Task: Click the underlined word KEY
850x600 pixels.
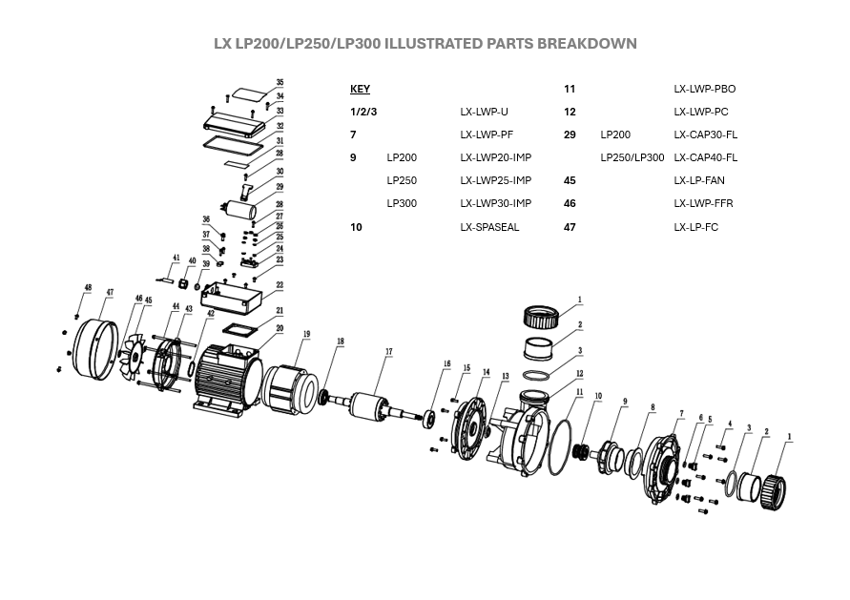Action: point(360,89)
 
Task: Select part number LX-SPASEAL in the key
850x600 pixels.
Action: point(489,227)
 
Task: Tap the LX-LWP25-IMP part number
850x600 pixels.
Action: point(495,180)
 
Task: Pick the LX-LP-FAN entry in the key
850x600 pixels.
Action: point(700,180)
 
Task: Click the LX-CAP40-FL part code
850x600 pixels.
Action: point(705,157)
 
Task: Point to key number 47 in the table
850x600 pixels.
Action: point(570,227)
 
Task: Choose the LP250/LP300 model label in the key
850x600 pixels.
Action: point(632,157)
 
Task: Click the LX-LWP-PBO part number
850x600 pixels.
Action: point(704,89)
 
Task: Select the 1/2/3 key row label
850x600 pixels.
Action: point(364,112)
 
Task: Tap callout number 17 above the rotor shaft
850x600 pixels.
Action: point(388,352)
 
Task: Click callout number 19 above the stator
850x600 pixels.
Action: point(307,334)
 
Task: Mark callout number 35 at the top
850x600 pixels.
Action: point(280,83)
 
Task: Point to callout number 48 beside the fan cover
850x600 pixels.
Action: point(88,287)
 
